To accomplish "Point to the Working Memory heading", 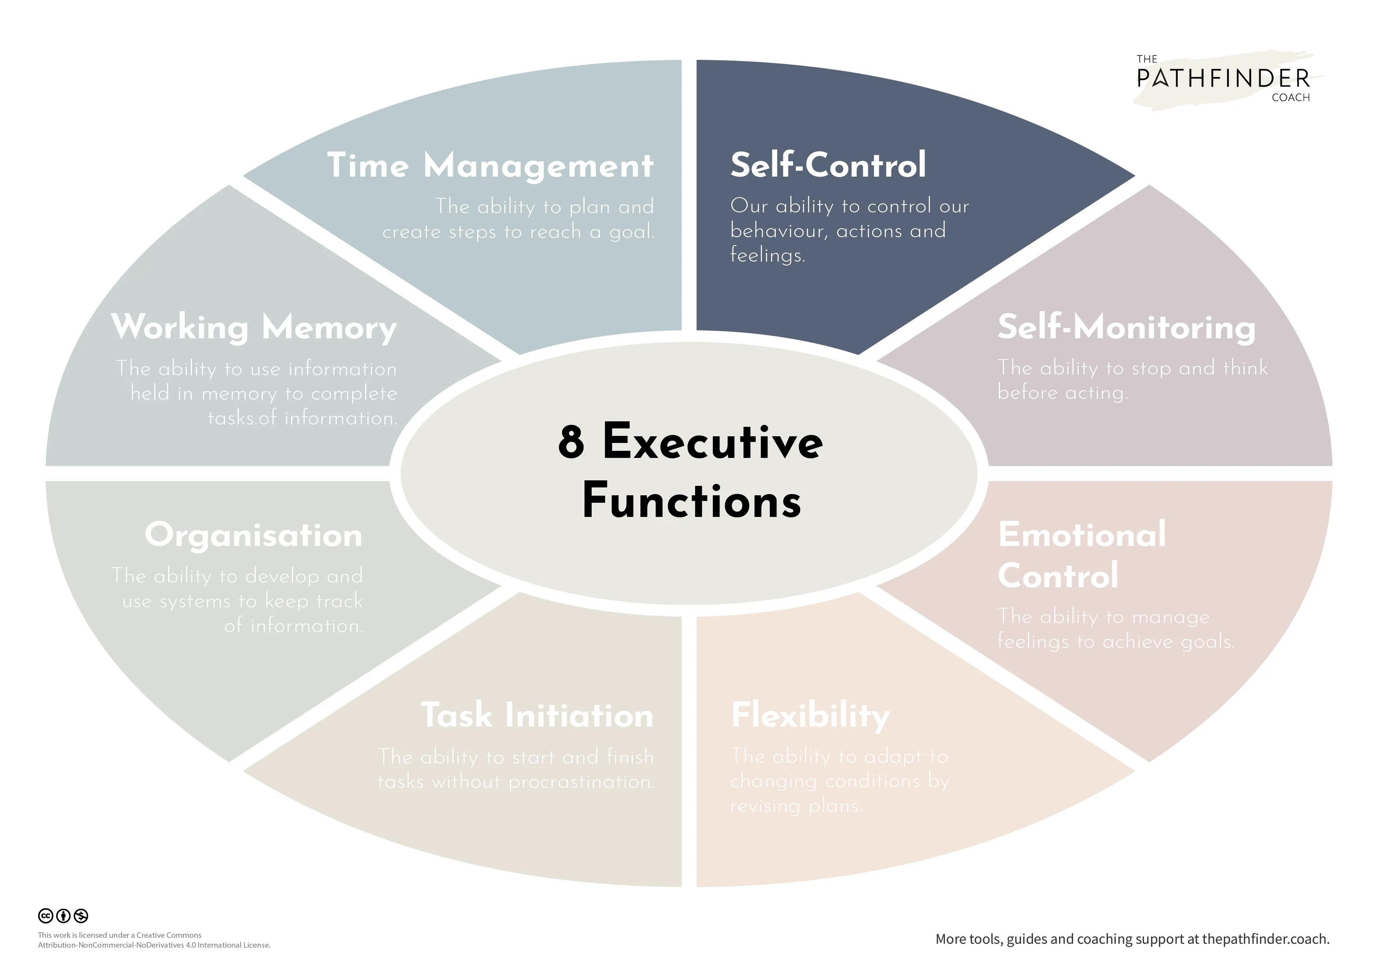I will coord(254,328).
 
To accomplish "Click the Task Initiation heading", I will coord(537,715).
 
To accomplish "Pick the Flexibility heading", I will coord(810,715).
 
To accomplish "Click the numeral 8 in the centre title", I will coord(571,442).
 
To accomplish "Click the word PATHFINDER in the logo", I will coord(1223,79).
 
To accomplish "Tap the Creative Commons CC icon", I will coord(46,915).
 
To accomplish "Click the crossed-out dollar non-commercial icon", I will coord(81,915).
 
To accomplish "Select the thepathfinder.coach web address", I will coord(1265,939).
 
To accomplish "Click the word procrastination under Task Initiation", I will coord(581,782).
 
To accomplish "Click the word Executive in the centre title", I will coord(712,442).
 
